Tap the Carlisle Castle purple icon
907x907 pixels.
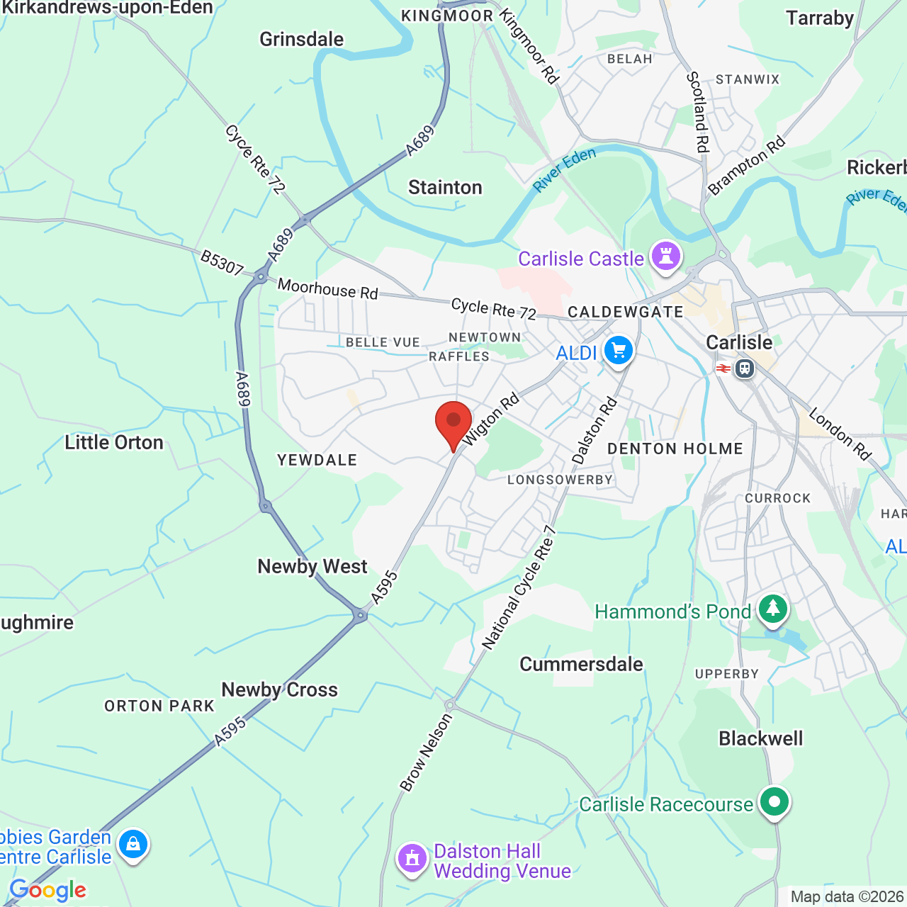point(666,256)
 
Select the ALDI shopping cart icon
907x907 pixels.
point(618,351)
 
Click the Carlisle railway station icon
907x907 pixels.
point(744,368)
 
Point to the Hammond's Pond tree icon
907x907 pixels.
point(772,609)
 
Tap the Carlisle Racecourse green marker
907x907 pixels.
point(774,802)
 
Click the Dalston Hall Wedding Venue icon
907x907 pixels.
point(412,858)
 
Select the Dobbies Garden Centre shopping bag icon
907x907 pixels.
point(133,844)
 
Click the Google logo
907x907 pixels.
point(48,890)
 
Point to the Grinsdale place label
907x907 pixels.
point(301,39)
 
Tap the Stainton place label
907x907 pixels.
point(445,187)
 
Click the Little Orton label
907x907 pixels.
point(114,442)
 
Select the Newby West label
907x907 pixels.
point(312,566)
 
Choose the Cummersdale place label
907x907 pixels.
point(581,664)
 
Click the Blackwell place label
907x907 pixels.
point(760,738)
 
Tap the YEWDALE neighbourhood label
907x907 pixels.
point(317,460)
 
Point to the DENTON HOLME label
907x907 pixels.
point(675,449)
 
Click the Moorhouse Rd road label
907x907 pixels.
point(328,289)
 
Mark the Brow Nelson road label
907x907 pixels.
point(426,752)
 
